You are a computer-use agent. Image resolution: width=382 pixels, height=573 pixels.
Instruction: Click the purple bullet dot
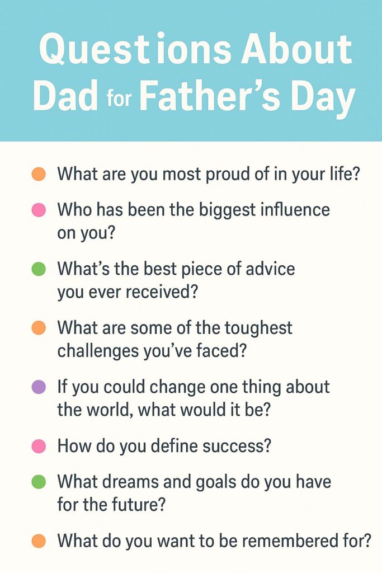(x=39, y=387)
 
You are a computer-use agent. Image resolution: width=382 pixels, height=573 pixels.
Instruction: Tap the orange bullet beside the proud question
(x=39, y=174)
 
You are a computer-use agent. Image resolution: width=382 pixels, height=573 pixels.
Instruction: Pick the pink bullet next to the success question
(x=39, y=446)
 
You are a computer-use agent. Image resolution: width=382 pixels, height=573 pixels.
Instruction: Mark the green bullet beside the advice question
(x=39, y=269)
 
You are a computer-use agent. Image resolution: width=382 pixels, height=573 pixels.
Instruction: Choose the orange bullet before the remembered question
(x=39, y=541)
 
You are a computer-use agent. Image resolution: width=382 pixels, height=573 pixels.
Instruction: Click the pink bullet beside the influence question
(x=39, y=210)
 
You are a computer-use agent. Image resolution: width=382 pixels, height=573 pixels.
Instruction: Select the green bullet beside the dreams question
(x=39, y=482)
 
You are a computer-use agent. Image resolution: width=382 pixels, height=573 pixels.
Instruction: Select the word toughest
(x=258, y=328)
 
